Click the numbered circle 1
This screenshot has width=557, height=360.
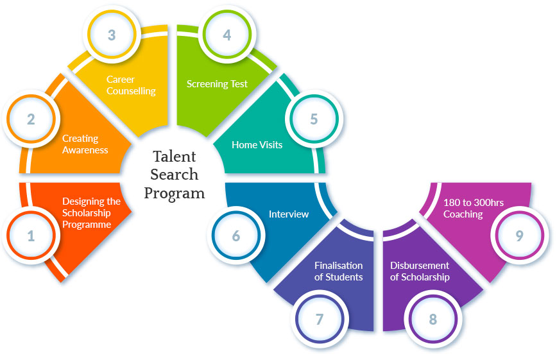(31, 236)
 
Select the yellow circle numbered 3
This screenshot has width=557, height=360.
(112, 35)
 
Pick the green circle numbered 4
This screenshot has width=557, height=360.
(227, 35)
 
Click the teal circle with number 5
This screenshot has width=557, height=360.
(314, 119)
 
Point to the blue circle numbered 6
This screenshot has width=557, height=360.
(236, 236)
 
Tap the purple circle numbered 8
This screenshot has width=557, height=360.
(433, 319)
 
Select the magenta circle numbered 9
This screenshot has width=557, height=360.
(519, 236)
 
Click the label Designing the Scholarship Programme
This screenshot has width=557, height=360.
(91, 212)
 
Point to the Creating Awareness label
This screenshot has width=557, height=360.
(85, 144)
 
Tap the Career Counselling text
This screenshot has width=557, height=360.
(131, 85)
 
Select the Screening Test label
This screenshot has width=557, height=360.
(217, 84)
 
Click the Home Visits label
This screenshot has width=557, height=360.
(257, 144)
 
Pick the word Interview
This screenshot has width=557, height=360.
(289, 214)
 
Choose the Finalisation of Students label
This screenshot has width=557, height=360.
(338, 271)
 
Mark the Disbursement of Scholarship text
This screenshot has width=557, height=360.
(420, 271)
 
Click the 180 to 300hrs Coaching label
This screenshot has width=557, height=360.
(473, 208)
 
